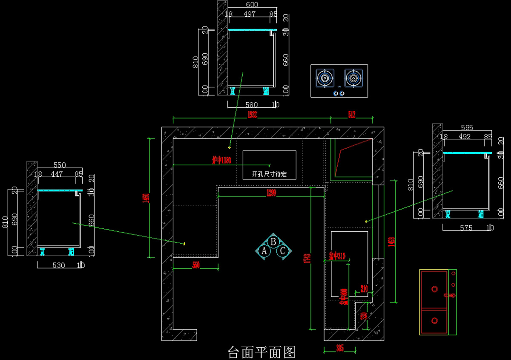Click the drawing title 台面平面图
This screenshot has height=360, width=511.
point(262,352)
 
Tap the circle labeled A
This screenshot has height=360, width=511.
point(264,251)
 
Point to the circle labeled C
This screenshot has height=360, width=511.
point(282,251)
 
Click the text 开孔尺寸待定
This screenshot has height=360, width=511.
point(269,174)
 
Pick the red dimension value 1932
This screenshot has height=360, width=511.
point(252,114)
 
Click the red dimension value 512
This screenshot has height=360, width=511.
point(351,114)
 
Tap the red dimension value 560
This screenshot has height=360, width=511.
point(196,265)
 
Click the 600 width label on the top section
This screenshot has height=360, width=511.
point(252,5)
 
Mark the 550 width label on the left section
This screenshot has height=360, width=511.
point(60,164)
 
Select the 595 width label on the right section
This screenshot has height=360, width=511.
point(467,127)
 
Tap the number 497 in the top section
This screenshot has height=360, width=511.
point(249,14)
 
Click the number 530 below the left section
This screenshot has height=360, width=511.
point(58,265)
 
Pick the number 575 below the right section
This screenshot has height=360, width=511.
point(466,228)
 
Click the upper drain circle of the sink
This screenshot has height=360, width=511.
point(434,289)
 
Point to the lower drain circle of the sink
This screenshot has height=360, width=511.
point(434,320)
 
